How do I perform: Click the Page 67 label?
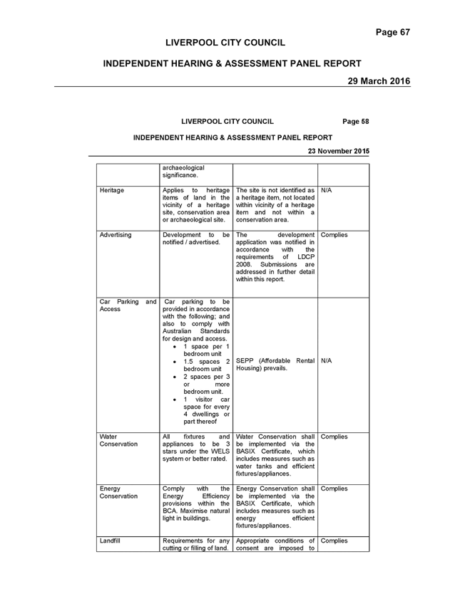pyautogui.click(x=393, y=32)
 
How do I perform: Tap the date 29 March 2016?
pyautogui.click(x=379, y=81)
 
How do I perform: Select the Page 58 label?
pyautogui.click(x=356, y=122)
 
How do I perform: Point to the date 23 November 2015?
pyautogui.click(x=338, y=151)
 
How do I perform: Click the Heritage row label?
pyautogui.click(x=112, y=191)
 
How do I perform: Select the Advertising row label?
pyautogui.click(x=116, y=235)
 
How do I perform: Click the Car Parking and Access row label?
pyautogui.click(x=128, y=305)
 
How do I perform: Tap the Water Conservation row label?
pyautogui.click(x=118, y=440)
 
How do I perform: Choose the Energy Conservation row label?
pyautogui.click(x=118, y=493)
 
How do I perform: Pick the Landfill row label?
pyautogui.click(x=110, y=540)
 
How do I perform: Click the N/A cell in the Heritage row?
pyautogui.click(x=326, y=191)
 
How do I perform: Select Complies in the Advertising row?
pyautogui.click(x=334, y=235)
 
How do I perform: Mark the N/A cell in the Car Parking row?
pyautogui.click(x=326, y=361)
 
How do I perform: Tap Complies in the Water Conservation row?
pyautogui.click(x=334, y=437)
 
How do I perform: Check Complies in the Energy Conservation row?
pyautogui.click(x=334, y=488)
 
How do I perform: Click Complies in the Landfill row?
pyautogui.click(x=334, y=540)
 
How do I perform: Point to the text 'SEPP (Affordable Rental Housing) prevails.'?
pyautogui.click(x=275, y=365)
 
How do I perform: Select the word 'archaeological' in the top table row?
pyautogui.click(x=183, y=168)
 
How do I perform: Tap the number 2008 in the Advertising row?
pyautogui.click(x=243, y=264)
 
